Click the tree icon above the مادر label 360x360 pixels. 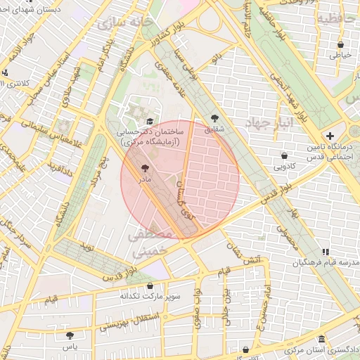coord(145,168)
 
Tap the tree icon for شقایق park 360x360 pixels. coord(214,118)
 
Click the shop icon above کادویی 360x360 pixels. coord(284,155)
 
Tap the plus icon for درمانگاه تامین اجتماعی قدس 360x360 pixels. coord(330,135)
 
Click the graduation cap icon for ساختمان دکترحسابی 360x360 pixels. coord(150,121)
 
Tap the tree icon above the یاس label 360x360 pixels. coord(69,335)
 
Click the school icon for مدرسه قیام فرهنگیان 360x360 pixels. coord(325,251)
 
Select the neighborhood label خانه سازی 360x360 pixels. coord(124,23)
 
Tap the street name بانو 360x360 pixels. coord(219,53)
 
